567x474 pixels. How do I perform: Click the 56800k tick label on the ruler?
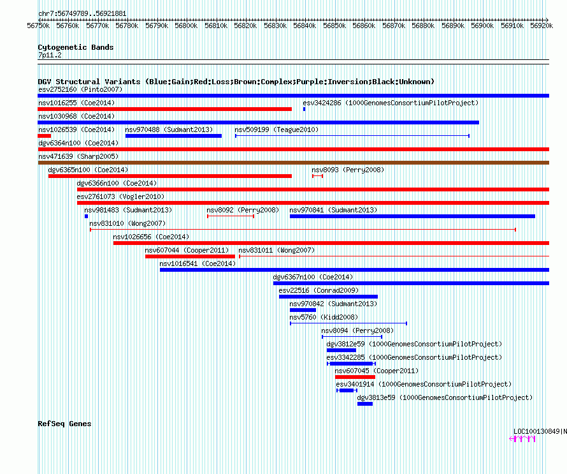click(x=186, y=26)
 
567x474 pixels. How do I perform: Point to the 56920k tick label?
click(x=542, y=26)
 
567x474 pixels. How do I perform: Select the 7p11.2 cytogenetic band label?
click(x=50, y=55)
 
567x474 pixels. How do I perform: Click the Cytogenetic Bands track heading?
click(x=76, y=47)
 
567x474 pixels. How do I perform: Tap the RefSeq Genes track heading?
click(x=64, y=424)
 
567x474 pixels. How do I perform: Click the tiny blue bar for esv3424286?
click(x=304, y=109)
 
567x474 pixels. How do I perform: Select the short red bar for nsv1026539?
click(x=45, y=136)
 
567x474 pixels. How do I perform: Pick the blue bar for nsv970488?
click(x=173, y=136)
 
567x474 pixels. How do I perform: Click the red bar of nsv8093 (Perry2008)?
click(x=317, y=176)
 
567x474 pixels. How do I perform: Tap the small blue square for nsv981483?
click(x=86, y=216)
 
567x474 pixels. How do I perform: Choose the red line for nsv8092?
click(x=231, y=216)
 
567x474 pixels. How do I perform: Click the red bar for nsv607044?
click(x=190, y=256)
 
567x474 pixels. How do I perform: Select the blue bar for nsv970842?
click(x=303, y=310)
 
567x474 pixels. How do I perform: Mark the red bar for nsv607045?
click(x=355, y=377)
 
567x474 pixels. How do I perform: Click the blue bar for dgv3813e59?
click(x=365, y=404)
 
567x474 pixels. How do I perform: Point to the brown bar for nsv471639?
click(x=294, y=163)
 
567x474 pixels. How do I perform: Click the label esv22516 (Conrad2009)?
click(x=319, y=290)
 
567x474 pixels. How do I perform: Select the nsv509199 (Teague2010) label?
click(x=276, y=130)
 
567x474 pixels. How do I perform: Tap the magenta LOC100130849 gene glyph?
click(x=522, y=439)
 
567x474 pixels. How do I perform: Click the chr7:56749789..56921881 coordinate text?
click(x=82, y=14)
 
